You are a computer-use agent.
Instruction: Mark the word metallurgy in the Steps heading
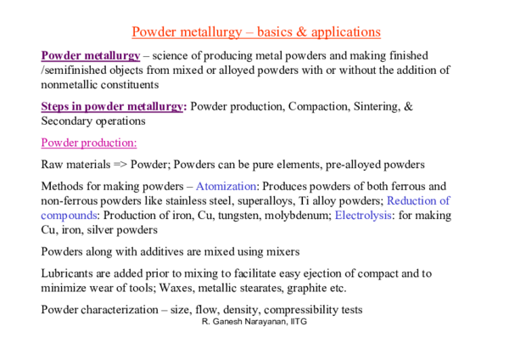154,107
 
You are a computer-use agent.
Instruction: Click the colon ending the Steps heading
184,108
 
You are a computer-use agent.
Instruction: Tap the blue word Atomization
226,186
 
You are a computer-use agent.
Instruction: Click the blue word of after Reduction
445,201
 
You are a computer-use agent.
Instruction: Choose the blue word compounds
69,216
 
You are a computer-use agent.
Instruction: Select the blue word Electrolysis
363,216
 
